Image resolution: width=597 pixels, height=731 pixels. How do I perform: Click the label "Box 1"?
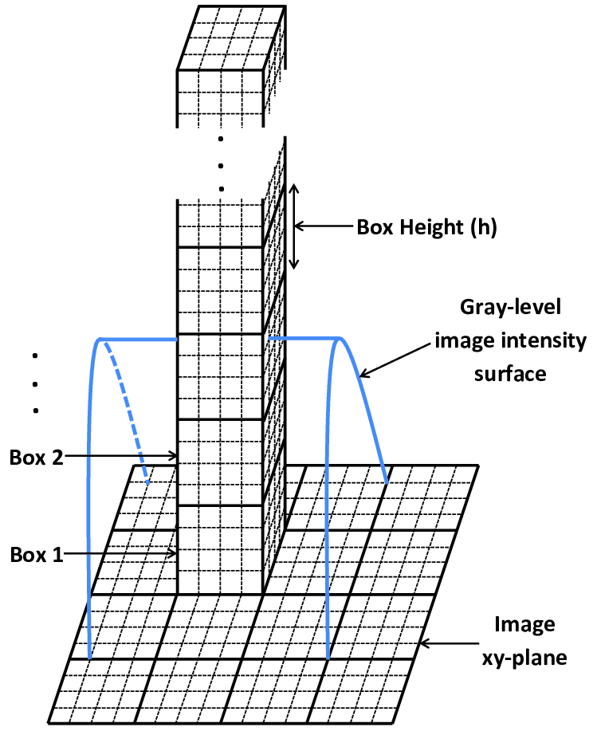click(37, 554)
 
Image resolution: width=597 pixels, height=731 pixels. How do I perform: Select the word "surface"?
click(510, 372)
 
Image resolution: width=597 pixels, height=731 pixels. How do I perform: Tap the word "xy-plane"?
click(524, 658)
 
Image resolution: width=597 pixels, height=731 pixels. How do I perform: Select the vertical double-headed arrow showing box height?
click(293, 226)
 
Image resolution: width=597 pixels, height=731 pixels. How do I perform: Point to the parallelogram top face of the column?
click(229, 38)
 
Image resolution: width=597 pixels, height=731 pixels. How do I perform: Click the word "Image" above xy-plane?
click(524, 626)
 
